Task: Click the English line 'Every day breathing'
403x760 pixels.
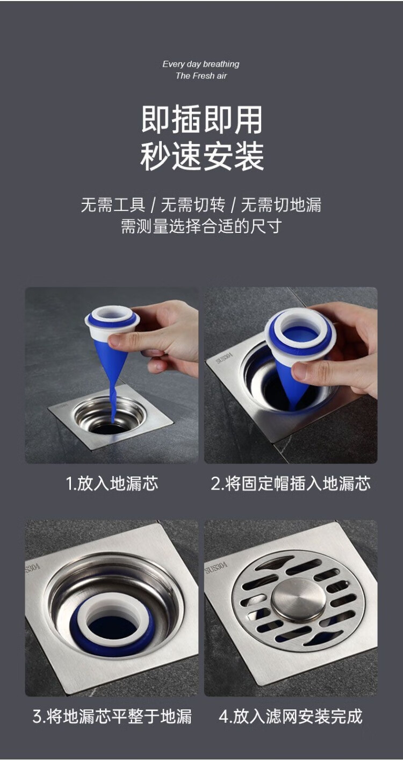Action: point(200,64)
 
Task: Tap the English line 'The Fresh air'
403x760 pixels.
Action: point(201,76)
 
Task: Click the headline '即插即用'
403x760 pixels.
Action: point(201,119)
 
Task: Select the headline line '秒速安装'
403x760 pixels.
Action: point(201,157)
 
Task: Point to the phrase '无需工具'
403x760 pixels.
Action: point(113,205)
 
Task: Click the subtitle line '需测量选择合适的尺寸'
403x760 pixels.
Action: point(201,226)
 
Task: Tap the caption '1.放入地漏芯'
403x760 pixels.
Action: point(112,484)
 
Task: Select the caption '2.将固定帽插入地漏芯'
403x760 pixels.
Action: point(291,484)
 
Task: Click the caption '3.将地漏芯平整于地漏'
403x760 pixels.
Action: point(112,716)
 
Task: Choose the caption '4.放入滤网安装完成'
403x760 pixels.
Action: point(291,716)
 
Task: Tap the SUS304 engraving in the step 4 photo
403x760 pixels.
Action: point(216,569)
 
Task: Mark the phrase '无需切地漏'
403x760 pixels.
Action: point(281,205)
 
